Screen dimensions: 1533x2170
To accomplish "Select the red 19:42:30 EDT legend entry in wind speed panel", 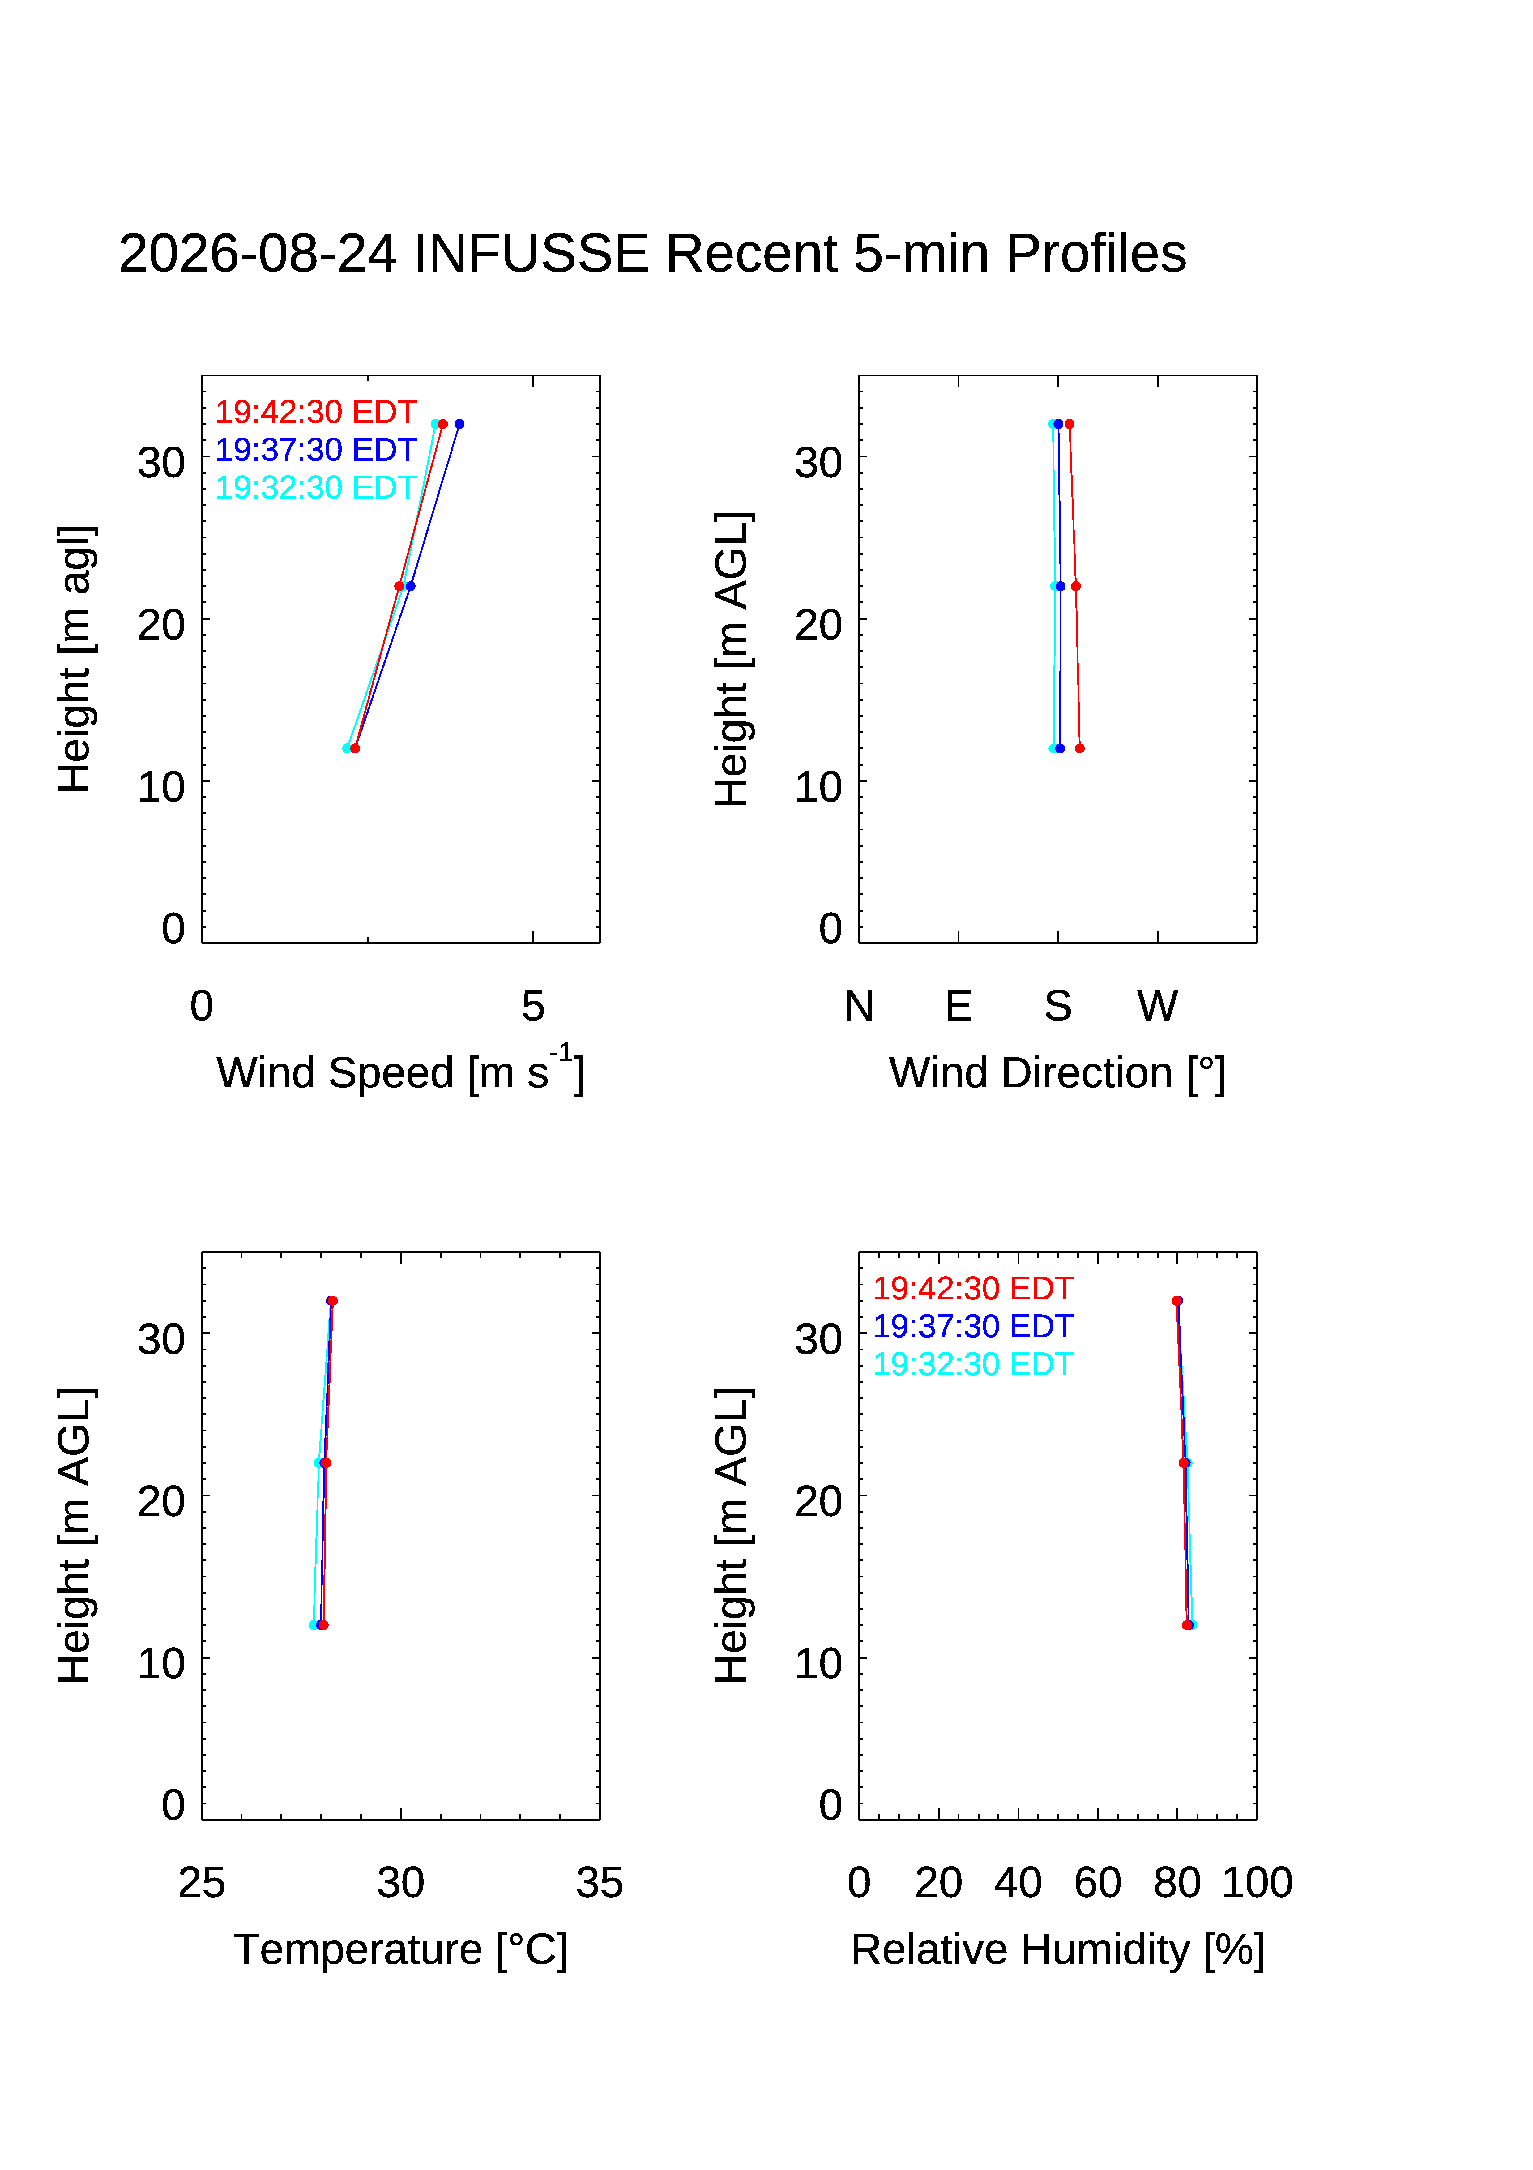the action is point(316,412).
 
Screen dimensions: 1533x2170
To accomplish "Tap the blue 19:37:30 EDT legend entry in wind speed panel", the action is point(316,450).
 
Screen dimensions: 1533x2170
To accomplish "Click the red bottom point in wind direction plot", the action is point(1079,748).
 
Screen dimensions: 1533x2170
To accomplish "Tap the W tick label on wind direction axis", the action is point(1158,1006).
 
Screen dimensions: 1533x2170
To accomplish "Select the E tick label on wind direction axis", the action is point(959,1006).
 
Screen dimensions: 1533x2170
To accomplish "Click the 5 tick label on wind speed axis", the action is point(533,1006).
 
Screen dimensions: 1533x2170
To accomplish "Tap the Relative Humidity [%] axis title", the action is point(1057,1950).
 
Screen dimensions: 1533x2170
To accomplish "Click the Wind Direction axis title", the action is point(1057,1074).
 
